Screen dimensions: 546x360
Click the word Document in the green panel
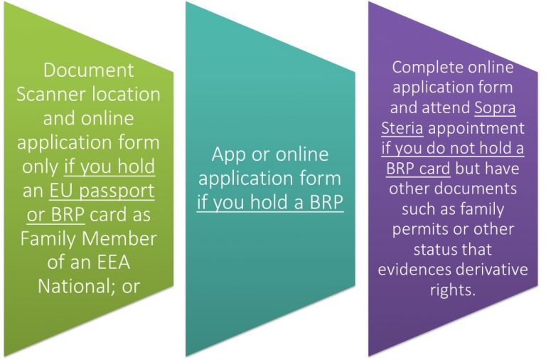point(88,70)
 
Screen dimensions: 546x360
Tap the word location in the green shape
point(127,94)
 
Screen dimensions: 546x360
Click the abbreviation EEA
point(113,263)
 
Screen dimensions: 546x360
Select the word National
point(76,287)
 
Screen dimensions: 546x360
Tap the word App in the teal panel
point(228,154)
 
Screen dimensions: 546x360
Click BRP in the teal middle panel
point(326,202)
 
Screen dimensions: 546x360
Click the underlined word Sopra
point(495,107)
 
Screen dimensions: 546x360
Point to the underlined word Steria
point(402,127)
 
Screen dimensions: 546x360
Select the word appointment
point(476,128)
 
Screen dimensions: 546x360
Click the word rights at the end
point(453,290)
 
